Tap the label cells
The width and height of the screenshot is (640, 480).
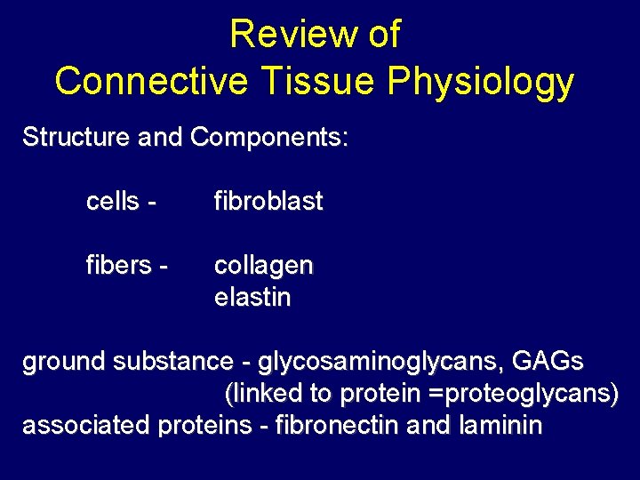[x=115, y=202]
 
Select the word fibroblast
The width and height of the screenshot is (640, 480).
[x=268, y=202]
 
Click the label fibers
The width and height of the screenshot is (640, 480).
[x=117, y=266]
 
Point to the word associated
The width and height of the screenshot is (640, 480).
[x=86, y=426]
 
